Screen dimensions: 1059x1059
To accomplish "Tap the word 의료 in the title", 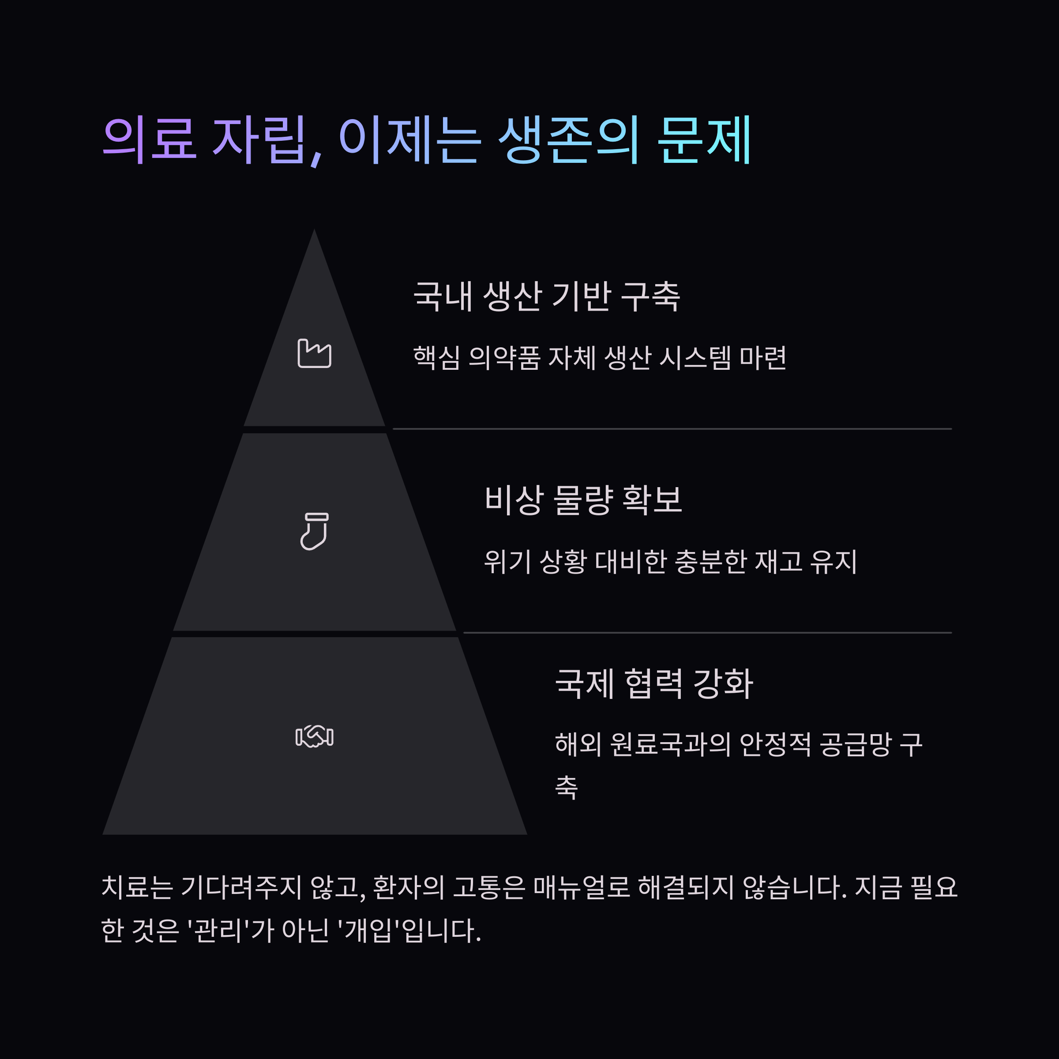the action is (x=149, y=140).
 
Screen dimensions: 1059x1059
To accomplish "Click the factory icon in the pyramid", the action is (x=314, y=353).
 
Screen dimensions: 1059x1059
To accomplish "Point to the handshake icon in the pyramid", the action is (x=314, y=736).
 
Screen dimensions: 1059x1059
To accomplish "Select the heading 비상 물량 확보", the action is (x=583, y=500).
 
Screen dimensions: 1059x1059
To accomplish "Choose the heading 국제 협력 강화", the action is (x=654, y=683).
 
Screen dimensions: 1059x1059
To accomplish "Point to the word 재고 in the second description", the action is (x=778, y=562).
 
